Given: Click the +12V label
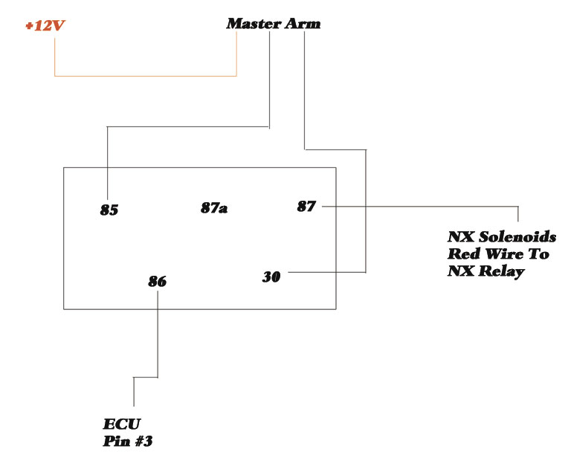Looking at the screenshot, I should click(45, 26).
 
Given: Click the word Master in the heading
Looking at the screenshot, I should click(254, 24).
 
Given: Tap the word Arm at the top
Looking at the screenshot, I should click(303, 24).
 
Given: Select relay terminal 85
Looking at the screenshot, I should click(109, 210).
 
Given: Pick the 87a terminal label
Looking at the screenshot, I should click(214, 208).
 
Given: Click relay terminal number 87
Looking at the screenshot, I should click(306, 207).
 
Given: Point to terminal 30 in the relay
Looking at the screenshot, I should click(271, 277).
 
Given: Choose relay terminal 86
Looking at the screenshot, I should click(157, 282).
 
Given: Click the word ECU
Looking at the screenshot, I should click(117, 424).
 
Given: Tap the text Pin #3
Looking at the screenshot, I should click(128, 441).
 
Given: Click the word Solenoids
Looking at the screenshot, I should click(516, 237).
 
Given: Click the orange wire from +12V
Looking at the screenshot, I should click(145, 76).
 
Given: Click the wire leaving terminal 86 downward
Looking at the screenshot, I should click(158, 335).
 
